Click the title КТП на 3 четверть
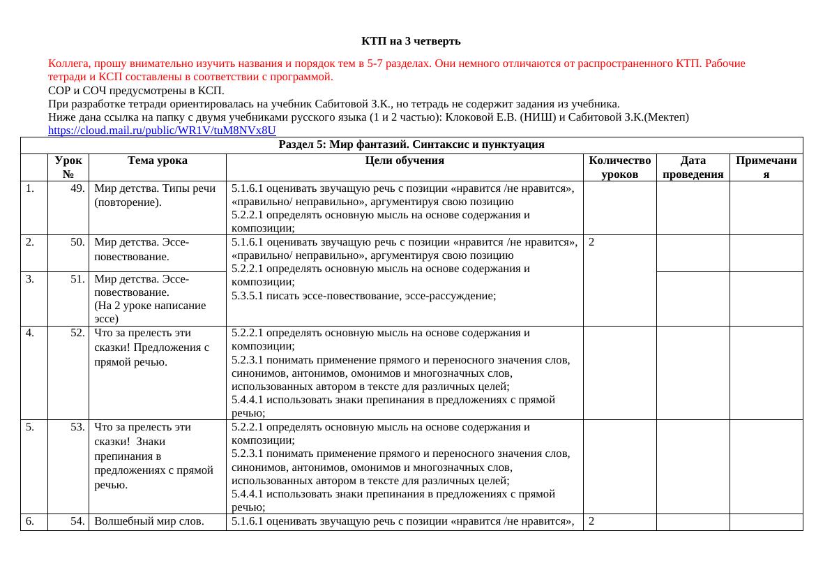[x=411, y=41]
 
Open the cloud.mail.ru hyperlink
[x=162, y=130]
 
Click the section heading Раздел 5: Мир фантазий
[x=411, y=144]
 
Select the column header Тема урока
[x=157, y=160]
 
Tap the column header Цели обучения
[x=404, y=160]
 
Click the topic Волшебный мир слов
[x=149, y=520]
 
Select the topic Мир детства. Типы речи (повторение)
[x=155, y=195]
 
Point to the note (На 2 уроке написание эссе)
[x=150, y=312]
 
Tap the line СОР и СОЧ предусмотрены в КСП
[x=137, y=91]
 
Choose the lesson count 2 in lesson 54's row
[x=591, y=520]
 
